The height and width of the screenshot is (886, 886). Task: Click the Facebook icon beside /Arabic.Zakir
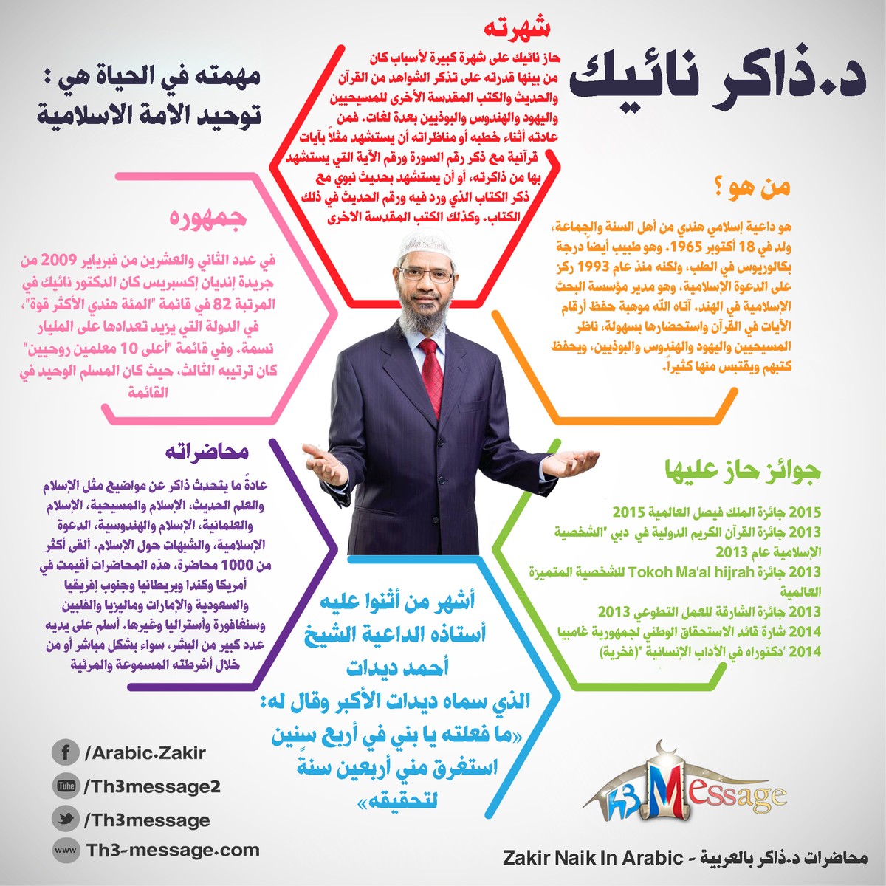tap(66, 753)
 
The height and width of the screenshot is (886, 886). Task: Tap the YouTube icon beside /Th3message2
tap(66, 786)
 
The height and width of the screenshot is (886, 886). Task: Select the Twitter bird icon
tap(66, 819)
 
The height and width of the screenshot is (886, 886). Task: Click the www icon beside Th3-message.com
tap(66, 850)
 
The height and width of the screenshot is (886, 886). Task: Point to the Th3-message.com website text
tap(173, 850)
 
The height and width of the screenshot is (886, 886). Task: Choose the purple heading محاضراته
tap(206, 452)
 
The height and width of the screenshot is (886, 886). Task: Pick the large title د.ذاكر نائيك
tap(720, 79)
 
